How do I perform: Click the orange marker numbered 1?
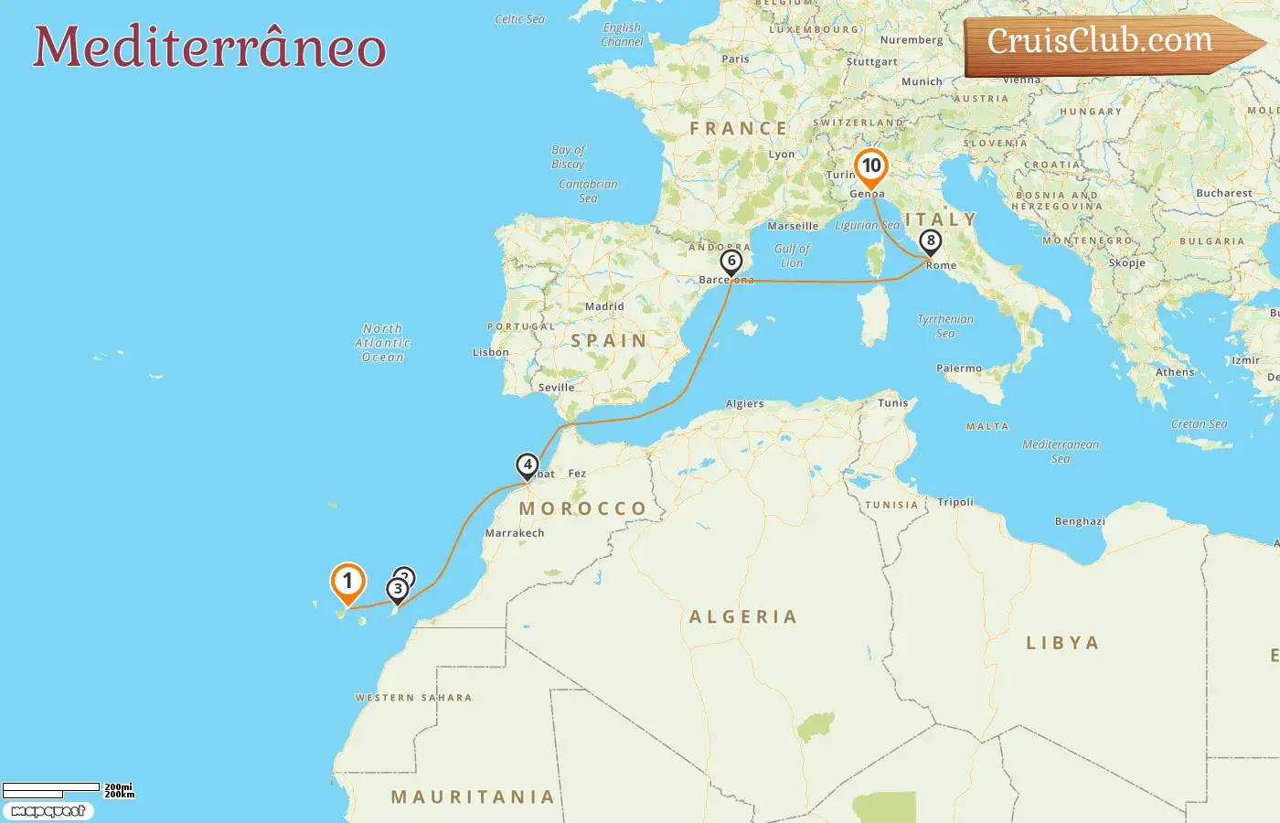tap(347, 583)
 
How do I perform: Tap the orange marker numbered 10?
tap(870, 167)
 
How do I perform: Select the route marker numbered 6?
tap(731, 262)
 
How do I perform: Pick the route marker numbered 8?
tap(930, 242)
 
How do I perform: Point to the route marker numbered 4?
tap(527, 465)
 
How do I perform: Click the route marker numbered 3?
tap(398, 590)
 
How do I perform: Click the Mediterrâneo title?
tap(209, 48)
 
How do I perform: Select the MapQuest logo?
tap(48, 811)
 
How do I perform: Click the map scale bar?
tap(52, 789)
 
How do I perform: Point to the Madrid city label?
tap(604, 307)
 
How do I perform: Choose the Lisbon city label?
tap(490, 352)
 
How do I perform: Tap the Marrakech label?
tap(515, 533)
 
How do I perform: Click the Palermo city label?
tap(959, 369)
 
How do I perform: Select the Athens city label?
tap(1175, 372)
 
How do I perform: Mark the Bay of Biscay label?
tap(568, 156)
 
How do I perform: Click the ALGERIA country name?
tap(743, 617)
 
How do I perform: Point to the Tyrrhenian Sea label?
tap(945, 326)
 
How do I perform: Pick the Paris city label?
tap(735, 59)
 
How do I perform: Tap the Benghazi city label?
tap(1080, 522)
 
